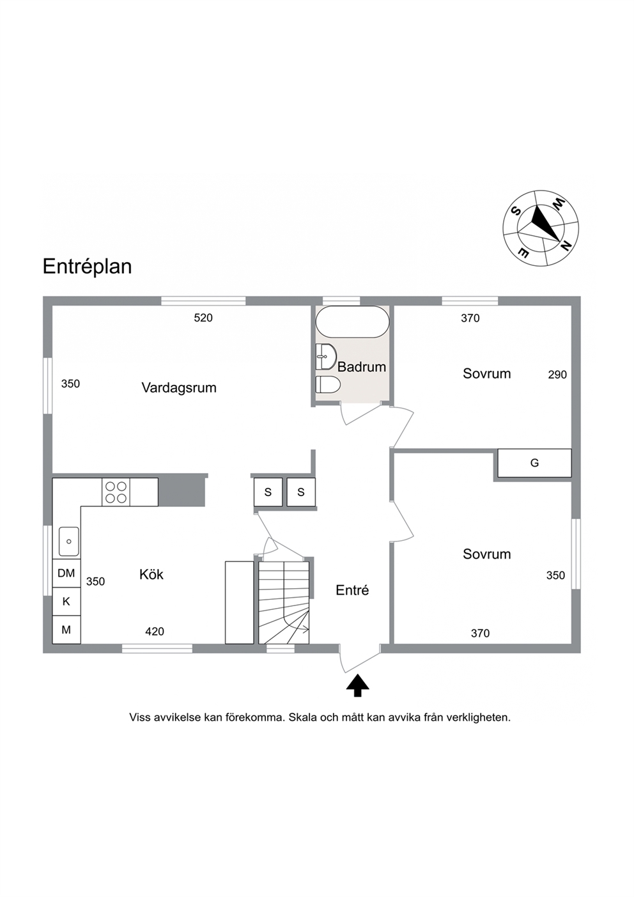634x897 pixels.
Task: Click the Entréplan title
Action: coord(88,267)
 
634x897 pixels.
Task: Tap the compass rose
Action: coord(541,228)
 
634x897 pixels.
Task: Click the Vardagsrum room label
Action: coord(179,387)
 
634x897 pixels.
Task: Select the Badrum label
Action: coord(362,367)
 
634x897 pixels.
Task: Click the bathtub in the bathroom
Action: coord(352,322)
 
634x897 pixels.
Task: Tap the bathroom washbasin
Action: coord(326,356)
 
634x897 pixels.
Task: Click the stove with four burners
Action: coord(116,492)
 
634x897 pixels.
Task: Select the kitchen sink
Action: coord(69,542)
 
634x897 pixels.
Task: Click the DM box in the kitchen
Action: coord(66,573)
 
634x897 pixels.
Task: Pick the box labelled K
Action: coord(66,602)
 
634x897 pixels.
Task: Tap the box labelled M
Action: coord(66,630)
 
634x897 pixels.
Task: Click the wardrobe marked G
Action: coord(534,463)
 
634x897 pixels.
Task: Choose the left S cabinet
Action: coord(268,492)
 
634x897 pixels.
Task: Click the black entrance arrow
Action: coord(358,685)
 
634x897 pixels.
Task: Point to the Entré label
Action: coord(352,590)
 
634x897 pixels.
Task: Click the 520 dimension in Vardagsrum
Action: coord(203,318)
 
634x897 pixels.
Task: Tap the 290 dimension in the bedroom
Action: coord(557,375)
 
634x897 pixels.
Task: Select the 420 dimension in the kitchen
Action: coord(155,632)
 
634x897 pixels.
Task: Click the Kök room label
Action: coord(151,575)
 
